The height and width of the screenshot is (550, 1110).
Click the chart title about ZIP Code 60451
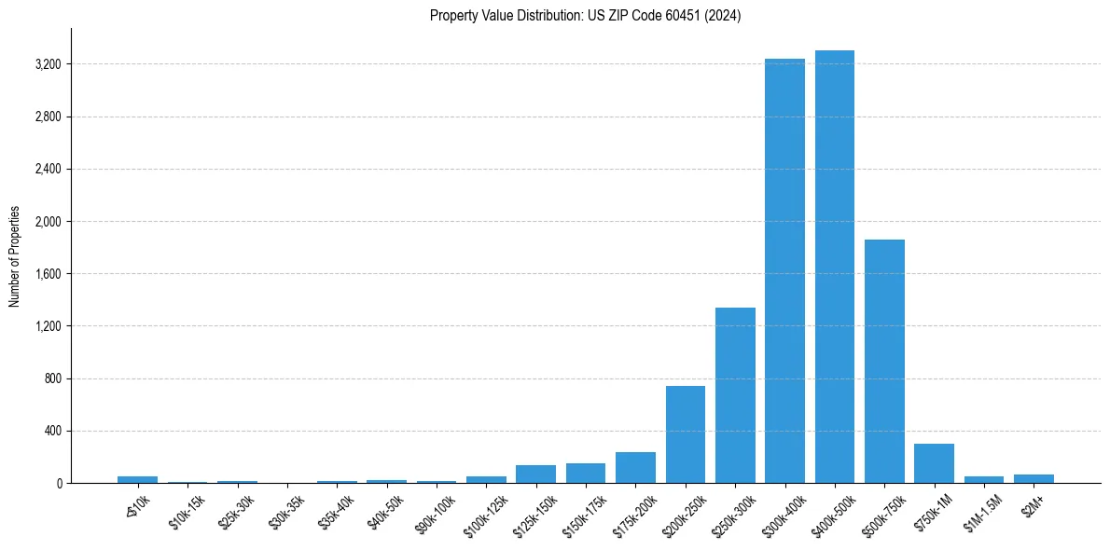point(585,16)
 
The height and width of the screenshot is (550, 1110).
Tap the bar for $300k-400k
point(784,271)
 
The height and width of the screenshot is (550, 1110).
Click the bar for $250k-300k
point(735,395)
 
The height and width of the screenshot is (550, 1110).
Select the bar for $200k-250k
point(685,434)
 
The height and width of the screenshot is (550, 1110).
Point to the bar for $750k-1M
point(934,463)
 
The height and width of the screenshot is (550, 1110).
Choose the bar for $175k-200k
point(635,468)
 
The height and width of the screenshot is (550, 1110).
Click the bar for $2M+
point(1034,479)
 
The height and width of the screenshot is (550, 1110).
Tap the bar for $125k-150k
point(535,474)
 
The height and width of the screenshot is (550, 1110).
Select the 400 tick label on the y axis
point(51,431)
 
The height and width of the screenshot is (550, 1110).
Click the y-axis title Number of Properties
point(15,255)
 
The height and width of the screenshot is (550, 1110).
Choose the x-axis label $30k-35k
point(285,509)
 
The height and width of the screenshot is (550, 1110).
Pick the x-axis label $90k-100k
point(435,509)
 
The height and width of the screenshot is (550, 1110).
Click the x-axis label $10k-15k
point(187,509)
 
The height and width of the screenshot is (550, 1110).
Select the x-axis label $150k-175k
point(584,509)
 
